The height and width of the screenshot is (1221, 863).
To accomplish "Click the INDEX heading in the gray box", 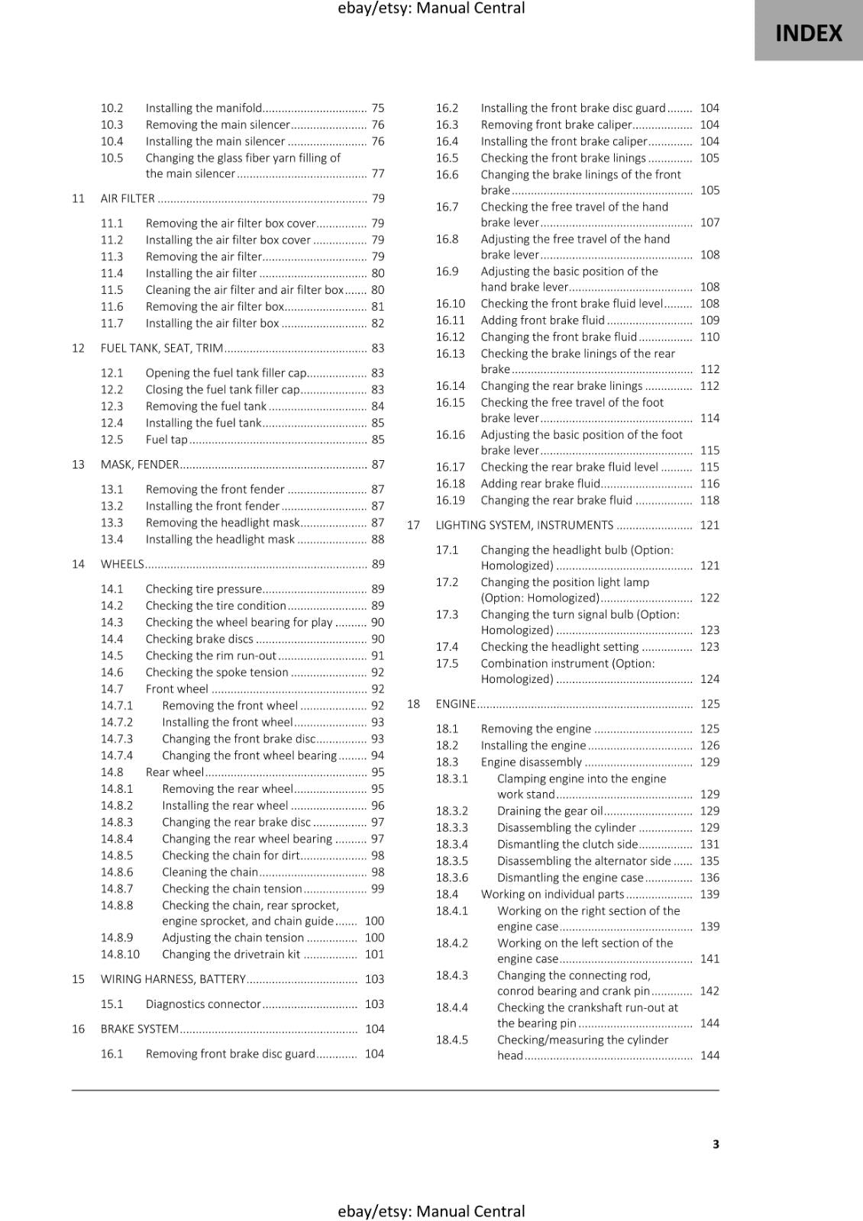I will tap(808, 34).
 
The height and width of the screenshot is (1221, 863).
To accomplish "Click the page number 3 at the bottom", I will tap(716, 1144).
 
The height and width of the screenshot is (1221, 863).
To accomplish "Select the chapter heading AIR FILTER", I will tap(128, 198).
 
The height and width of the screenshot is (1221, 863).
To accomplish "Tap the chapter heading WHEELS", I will tap(122, 564).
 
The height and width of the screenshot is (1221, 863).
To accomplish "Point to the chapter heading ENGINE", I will tap(455, 704).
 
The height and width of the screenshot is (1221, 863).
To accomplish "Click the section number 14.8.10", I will tap(120, 954).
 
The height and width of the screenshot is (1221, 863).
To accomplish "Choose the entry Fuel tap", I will tap(166, 440).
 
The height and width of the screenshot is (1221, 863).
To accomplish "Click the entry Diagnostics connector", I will tap(203, 1004).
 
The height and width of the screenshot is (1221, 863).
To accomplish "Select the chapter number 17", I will tap(413, 525).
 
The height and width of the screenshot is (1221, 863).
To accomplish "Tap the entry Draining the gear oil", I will tap(550, 811).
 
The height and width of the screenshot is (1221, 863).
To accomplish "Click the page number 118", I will tap(709, 501).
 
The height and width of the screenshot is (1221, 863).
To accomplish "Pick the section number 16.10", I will tap(450, 304).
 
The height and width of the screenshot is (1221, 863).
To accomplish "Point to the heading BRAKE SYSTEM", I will tap(140, 1029).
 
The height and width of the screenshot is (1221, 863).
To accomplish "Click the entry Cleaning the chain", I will tap(210, 872).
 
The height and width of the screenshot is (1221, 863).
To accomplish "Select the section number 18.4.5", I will tap(451, 1039).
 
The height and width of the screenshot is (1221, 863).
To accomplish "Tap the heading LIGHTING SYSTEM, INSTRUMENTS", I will tap(524, 525).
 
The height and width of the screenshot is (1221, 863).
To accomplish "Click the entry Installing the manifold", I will tap(204, 108).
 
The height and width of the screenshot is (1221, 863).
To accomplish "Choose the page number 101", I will tap(374, 954).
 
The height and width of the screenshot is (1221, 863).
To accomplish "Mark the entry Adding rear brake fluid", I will tap(541, 484).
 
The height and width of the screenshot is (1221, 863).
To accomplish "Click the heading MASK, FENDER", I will tap(140, 465).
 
